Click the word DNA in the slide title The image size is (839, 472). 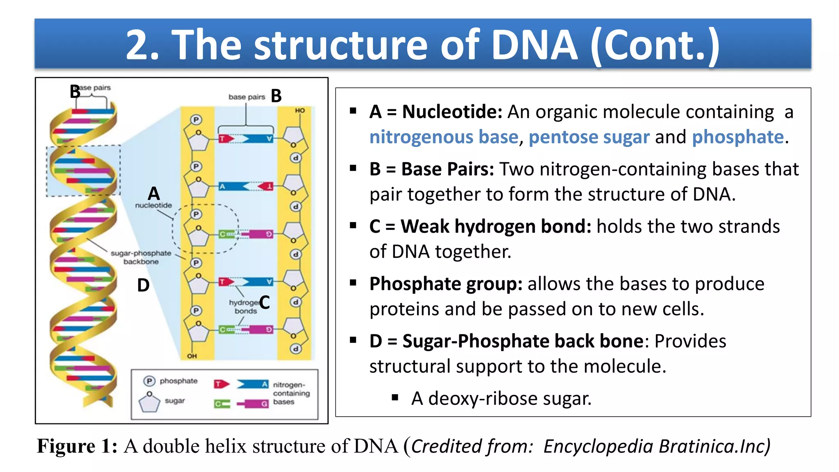(x=534, y=45)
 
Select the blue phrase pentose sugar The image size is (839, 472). (x=589, y=137)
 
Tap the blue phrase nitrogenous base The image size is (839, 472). (x=444, y=137)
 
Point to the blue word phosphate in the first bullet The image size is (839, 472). (x=737, y=137)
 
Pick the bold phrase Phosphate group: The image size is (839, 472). (x=446, y=284)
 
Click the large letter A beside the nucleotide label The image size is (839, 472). (x=154, y=193)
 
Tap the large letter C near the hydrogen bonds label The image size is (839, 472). (x=265, y=303)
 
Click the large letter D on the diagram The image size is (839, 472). (x=143, y=285)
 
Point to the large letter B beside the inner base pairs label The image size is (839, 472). (x=277, y=96)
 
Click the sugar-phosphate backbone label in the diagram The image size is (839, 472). (x=141, y=257)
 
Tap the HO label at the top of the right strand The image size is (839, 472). (x=300, y=111)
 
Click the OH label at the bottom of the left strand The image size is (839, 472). (x=192, y=356)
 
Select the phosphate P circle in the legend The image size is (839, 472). (x=149, y=381)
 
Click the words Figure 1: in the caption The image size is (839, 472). (x=77, y=446)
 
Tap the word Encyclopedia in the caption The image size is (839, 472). (x=598, y=447)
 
